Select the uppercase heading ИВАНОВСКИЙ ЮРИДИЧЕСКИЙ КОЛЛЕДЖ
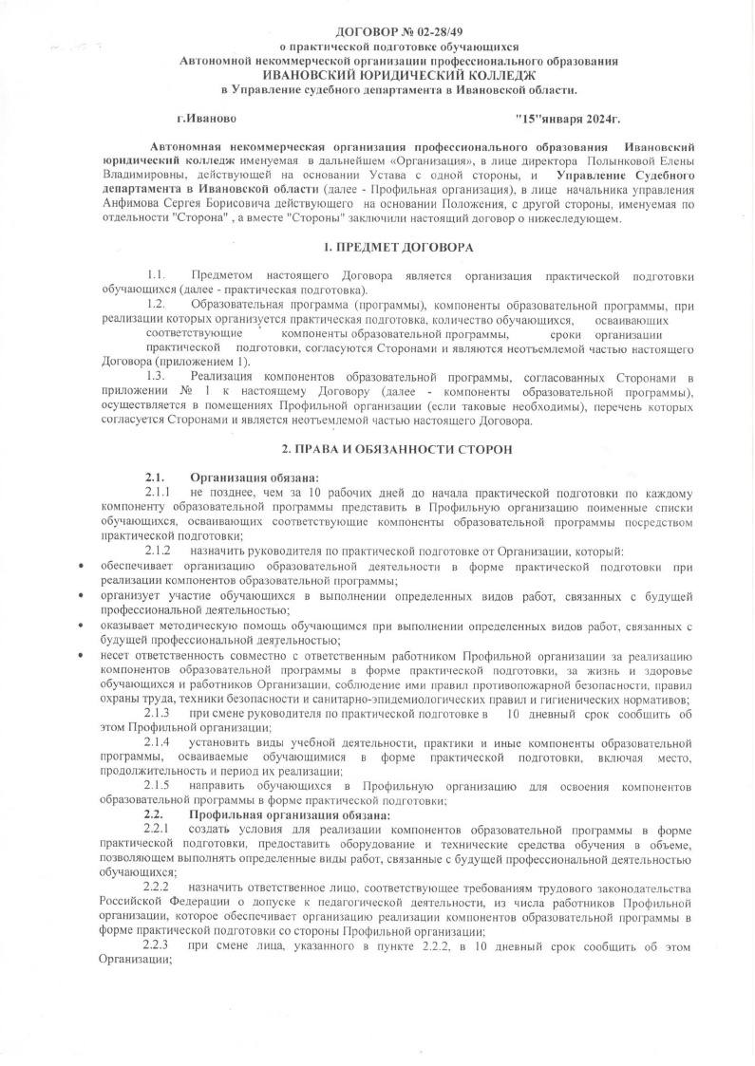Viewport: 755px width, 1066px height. pos(398,74)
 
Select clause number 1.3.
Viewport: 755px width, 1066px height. pos(159,378)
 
